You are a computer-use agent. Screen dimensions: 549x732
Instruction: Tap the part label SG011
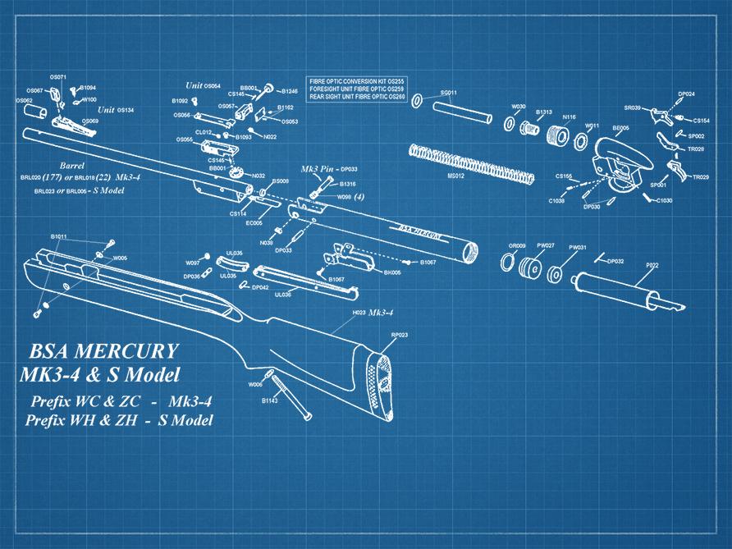[449, 93]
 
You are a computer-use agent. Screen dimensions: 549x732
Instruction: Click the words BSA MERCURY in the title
[103, 351]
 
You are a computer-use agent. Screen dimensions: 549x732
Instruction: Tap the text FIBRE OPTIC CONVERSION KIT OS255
[356, 82]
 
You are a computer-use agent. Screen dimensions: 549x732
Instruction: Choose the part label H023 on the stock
[359, 313]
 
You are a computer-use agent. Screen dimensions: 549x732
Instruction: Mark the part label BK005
[392, 272]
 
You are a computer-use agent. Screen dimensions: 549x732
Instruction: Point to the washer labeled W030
[510, 123]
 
